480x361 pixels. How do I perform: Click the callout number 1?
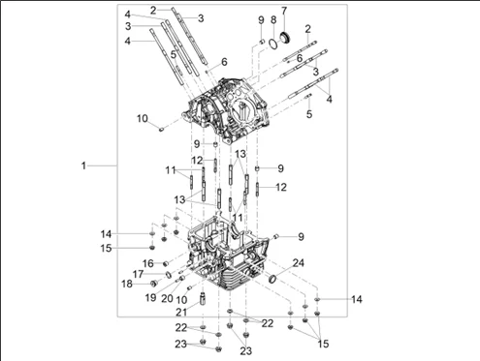[83, 165]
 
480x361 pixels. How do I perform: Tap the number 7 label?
[284, 11]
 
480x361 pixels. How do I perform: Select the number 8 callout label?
[273, 19]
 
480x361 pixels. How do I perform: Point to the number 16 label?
[148, 263]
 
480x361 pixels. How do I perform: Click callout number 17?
[138, 274]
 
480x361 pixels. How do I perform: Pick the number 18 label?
[127, 284]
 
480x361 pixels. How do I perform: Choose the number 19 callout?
[150, 297]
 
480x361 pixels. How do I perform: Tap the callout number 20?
[167, 298]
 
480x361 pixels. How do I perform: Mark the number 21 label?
[181, 312]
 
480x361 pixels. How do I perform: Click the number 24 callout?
[298, 263]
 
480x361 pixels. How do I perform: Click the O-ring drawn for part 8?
[273, 45]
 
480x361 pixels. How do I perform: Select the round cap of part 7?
[285, 37]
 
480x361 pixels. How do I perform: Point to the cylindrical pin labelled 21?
[203, 299]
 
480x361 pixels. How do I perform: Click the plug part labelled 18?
[154, 284]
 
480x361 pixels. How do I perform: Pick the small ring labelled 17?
[168, 275]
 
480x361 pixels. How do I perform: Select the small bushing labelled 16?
[166, 264]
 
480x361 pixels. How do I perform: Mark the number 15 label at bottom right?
[323, 344]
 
